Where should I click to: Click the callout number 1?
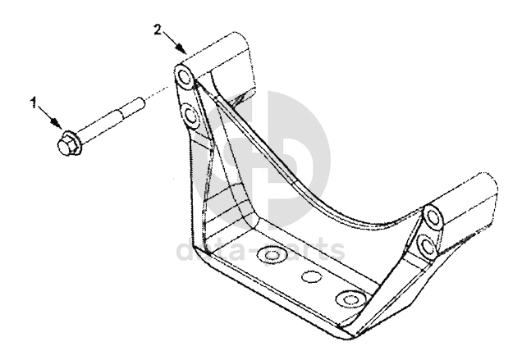(x=34, y=103)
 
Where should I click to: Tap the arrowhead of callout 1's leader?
(x=59, y=125)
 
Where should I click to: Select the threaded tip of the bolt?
(x=140, y=105)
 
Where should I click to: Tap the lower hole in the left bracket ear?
(x=191, y=116)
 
